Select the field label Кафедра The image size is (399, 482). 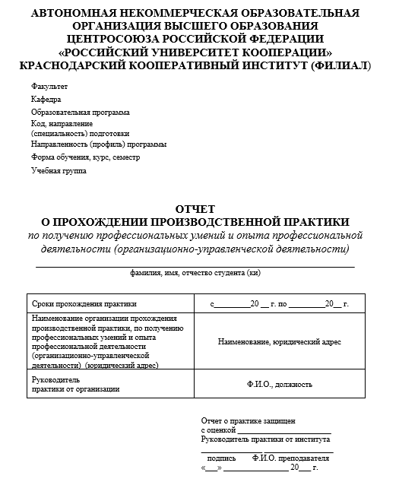tap(46, 100)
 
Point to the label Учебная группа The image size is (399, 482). tap(59, 170)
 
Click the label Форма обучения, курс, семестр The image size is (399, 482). tap(85, 157)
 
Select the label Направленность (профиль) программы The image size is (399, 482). tap(99, 144)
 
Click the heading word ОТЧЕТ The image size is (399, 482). tap(195, 208)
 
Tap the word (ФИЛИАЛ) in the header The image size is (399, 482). tap(336, 66)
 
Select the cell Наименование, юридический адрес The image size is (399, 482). tap(279, 342)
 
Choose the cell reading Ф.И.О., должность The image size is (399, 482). tap(279, 384)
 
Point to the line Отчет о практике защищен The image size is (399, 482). tap(248, 420)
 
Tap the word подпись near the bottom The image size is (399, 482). tap(221, 458)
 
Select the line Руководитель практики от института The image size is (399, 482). tap(265, 439)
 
